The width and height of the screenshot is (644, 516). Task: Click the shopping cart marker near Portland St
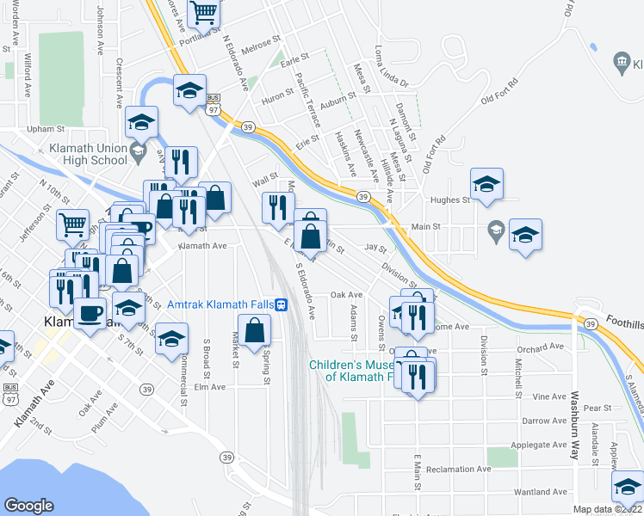point(204,12)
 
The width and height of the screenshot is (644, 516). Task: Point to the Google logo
point(29,506)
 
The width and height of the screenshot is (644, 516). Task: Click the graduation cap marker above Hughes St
point(486,183)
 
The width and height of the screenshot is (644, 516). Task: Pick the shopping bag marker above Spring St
point(254,330)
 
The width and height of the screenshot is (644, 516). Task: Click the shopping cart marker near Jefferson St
point(73,225)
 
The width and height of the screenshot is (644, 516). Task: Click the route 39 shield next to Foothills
point(591,323)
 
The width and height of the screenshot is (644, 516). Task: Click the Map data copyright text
point(608,509)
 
